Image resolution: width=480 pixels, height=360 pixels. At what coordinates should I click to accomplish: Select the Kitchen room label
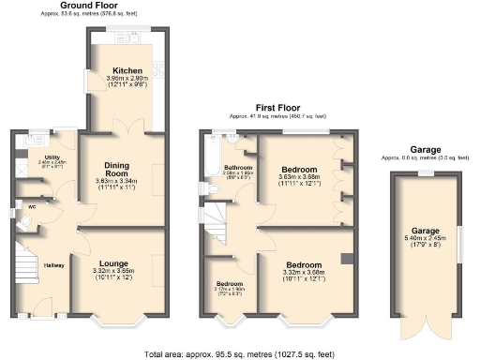click(x=127, y=70)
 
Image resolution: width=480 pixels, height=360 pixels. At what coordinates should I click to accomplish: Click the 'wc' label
click(x=32, y=206)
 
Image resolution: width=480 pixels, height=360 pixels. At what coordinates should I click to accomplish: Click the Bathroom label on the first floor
click(x=239, y=166)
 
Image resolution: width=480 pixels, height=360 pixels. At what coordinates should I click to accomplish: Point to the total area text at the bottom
click(x=240, y=353)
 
